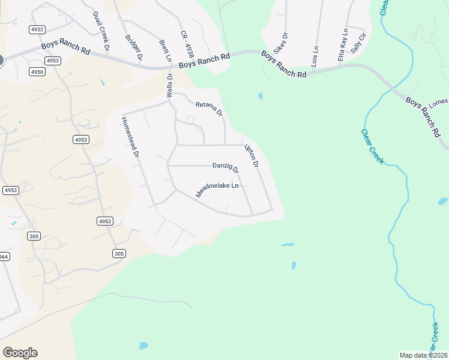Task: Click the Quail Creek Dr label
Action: pos(101,31)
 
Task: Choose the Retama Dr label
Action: pos(209,109)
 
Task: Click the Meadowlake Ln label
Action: pos(217,190)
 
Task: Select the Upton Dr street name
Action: pos(252,156)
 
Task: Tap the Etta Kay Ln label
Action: pos(343,44)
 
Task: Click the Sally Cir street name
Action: pos(358,45)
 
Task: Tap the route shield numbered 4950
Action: pos(37,72)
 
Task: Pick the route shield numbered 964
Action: pos(4,257)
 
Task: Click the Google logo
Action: pos(20,353)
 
